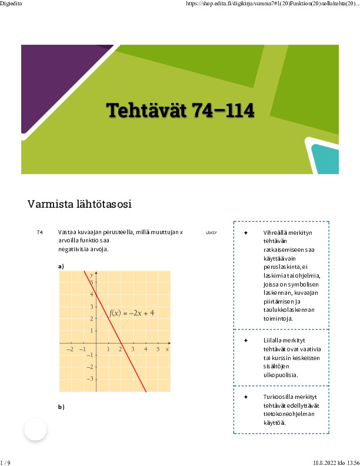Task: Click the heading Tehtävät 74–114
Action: click(180, 110)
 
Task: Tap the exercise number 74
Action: click(40, 232)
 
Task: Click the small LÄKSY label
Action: click(211, 233)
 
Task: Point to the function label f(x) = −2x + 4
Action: click(131, 312)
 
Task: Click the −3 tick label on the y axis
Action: click(89, 379)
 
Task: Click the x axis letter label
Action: click(167, 349)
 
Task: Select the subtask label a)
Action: click(61, 267)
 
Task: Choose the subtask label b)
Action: click(61, 407)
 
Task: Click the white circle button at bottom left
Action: click(35, 430)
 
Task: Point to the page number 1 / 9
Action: click(5, 462)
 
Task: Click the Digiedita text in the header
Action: click(11, 4)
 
